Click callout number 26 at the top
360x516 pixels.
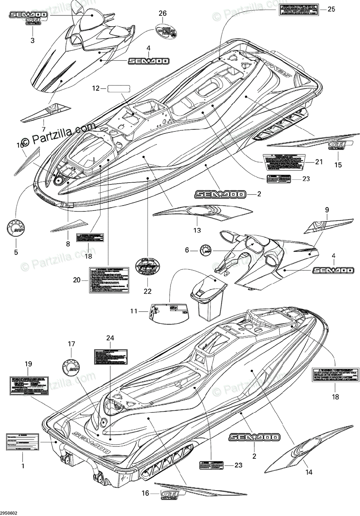(162, 14)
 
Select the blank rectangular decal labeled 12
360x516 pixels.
(119, 89)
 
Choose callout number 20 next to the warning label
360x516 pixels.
(77, 280)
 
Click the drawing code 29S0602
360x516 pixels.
(9, 512)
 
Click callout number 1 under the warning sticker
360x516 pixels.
(23, 465)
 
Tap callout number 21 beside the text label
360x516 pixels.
(318, 162)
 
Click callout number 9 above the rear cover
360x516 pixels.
(326, 210)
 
